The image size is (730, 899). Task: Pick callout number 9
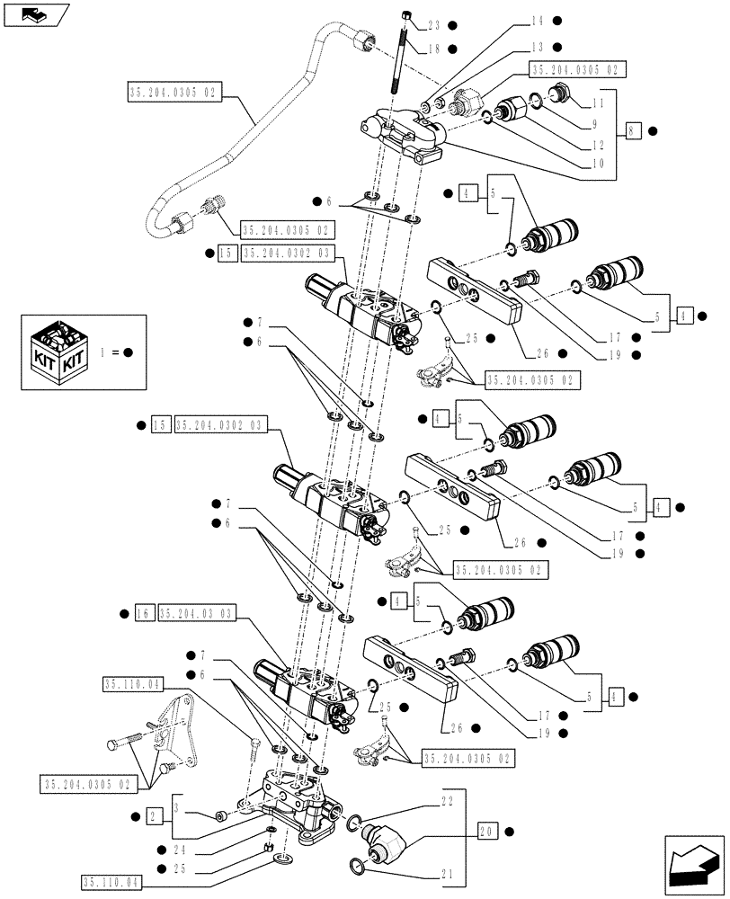595,125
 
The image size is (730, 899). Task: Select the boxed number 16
144,613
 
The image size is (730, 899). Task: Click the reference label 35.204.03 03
197,613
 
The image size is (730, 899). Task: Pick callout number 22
447,799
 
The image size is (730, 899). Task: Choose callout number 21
447,873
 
